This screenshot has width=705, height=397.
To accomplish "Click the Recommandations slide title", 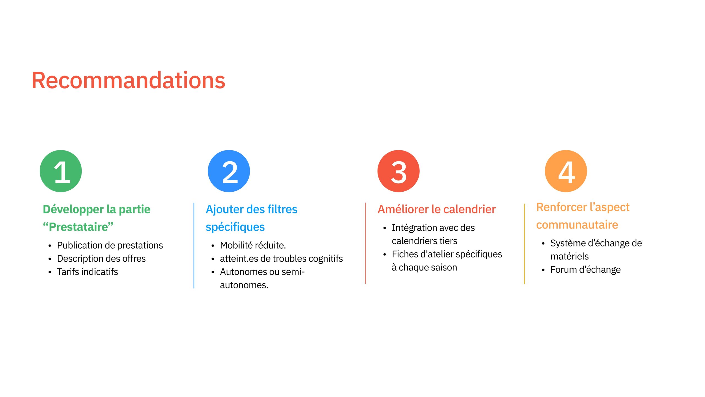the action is pos(128,80).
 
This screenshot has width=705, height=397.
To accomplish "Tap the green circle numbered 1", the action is pos(61,171).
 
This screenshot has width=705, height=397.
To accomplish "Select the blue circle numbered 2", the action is pos(229,171).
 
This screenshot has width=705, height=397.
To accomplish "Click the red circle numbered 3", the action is pos(398,171).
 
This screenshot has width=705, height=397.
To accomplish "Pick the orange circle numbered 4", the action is pos(566,171).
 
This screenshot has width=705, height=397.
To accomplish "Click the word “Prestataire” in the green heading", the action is pos(78,227).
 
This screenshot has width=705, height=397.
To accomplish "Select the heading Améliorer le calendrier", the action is pos(437,209).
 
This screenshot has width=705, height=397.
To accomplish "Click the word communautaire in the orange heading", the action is pos(577,225).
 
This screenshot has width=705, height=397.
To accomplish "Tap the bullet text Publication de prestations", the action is pos(110,245).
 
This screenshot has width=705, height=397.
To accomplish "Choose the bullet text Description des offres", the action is pos(101,259).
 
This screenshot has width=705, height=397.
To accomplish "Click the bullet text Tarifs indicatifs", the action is pos(88,272).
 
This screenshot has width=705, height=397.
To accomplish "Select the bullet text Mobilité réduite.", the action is pos(253,245).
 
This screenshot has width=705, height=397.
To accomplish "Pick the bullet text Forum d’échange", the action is pos(585,270).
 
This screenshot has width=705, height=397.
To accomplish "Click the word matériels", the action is pos(570,256).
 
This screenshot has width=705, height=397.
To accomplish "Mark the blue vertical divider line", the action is pos(194,245).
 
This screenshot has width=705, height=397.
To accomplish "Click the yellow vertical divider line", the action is pos(524,244).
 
